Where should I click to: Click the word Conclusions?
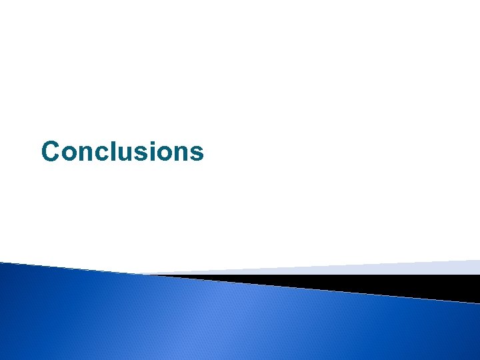tap(122, 151)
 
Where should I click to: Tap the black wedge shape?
tap(400, 285)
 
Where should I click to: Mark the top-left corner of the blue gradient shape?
tap(2, 263)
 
